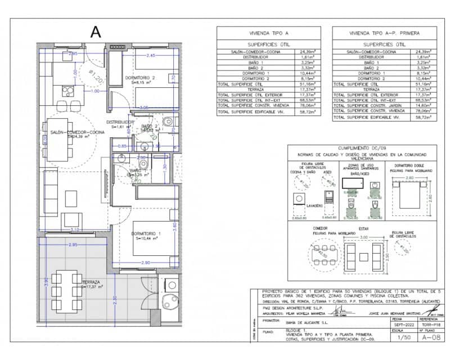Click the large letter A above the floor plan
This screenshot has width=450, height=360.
[x=96, y=32]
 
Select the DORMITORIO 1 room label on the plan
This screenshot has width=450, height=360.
[x=147, y=234]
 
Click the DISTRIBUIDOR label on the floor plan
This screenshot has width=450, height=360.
[x=120, y=121]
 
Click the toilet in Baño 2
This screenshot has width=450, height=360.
[x=168, y=121]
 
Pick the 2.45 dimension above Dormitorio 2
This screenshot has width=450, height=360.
[x=150, y=56]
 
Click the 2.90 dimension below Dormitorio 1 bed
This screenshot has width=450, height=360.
[x=145, y=263]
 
